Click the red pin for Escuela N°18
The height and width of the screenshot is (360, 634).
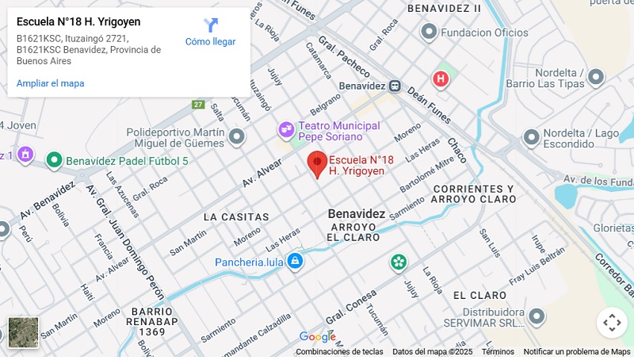pyautogui.click(x=317, y=163)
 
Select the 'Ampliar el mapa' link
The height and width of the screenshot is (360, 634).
pyautogui.click(x=50, y=83)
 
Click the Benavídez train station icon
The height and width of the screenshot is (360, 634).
pyautogui.click(x=395, y=86)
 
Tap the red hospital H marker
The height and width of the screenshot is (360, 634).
pyautogui.click(x=440, y=79)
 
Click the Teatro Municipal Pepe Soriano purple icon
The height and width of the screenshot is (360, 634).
pyautogui.click(x=285, y=129)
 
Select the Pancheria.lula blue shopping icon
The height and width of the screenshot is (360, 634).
pyautogui.click(x=295, y=261)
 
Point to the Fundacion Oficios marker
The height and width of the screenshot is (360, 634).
pyautogui.click(x=429, y=32)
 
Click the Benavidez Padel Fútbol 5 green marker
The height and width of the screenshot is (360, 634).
pyautogui.click(x=54, y=160)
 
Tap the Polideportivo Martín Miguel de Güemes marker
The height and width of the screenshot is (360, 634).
pyautogui.click(x=236, y=138)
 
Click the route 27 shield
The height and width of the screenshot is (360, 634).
pyautogui.click(x=198, y=105)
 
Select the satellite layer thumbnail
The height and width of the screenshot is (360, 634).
pyautogui.click(x=23, y=332)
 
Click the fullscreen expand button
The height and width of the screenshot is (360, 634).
pyautogui.click(x=611, y=323)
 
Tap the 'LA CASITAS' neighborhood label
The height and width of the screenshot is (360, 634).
pyautogui.click(x=236, y=216)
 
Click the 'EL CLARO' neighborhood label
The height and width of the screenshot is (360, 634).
pyautogui.click(x=479, y=295)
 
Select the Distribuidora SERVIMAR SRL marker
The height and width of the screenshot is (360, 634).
pyautogui.click(x=538, y=317)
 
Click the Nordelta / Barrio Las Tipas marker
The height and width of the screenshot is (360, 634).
pyautogui.click(x=596, y=77)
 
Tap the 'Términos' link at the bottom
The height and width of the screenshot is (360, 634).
pyautogui.click(x=498, y=352)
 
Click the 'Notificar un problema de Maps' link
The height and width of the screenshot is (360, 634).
pyautogui.click(x=577, y=352)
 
